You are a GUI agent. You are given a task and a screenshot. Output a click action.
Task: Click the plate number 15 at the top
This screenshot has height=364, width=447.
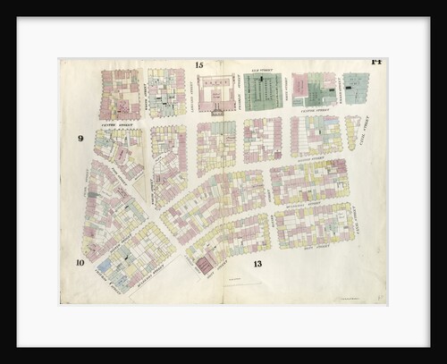click(199, 65)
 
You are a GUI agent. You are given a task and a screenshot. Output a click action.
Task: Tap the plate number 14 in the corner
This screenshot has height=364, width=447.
click(376, 62)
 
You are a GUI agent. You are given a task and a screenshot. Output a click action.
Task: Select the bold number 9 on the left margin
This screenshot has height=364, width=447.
click(80, 139)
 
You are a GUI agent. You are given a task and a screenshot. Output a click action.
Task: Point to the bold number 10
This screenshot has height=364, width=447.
click(80, 262)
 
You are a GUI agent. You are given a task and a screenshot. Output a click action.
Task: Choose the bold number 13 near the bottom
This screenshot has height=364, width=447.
click(257, 264)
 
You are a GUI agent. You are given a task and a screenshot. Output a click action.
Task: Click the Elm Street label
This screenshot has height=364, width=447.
click(264, 68)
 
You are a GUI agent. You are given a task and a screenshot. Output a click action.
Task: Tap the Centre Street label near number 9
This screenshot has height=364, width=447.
click(116, 124)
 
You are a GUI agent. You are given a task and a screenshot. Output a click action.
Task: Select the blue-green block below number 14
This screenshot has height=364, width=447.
click(356, 89)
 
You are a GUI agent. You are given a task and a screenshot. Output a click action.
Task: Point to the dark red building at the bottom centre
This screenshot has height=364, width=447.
click(205, 264)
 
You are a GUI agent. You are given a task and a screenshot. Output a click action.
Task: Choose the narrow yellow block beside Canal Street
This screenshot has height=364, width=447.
click(352, 131)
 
